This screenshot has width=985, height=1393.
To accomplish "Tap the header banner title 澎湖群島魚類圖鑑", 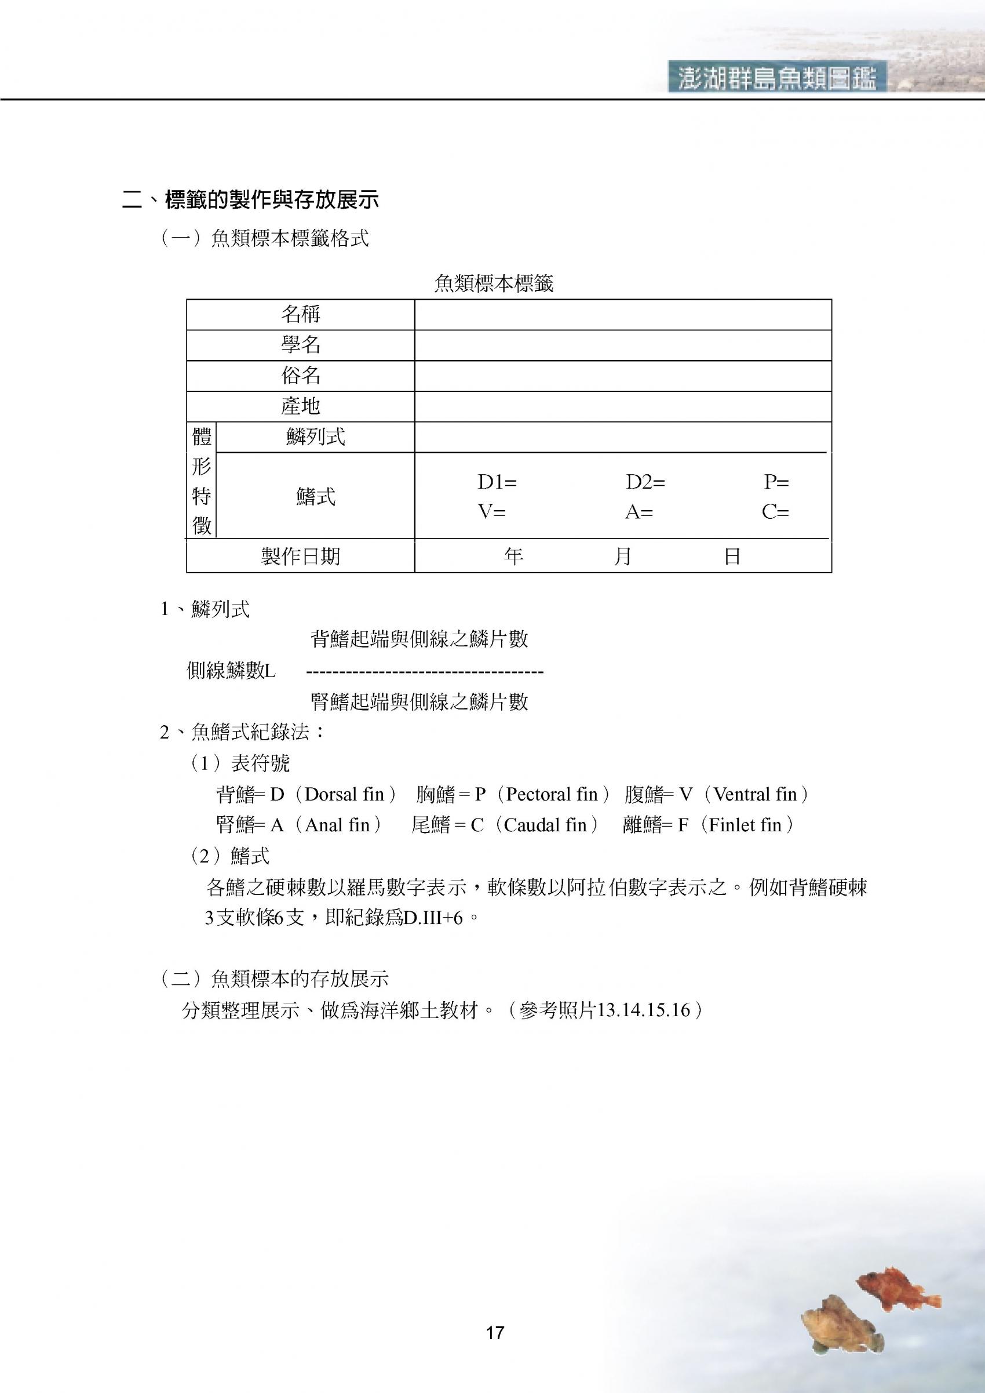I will (777, 78).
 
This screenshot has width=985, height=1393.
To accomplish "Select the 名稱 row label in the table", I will (300, 314).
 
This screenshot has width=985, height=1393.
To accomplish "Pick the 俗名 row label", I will (300, 376).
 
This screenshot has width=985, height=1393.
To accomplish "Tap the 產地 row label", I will (300, 406).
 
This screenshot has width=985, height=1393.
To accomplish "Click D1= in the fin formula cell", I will (497, 482).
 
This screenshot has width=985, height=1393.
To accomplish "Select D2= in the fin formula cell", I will (645, 482).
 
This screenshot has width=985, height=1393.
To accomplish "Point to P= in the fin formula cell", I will (776, 482).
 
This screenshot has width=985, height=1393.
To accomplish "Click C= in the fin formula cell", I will (775, 512).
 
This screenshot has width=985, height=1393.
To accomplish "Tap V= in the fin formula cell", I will (491, 512).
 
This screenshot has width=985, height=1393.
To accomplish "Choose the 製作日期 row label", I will (300, 556).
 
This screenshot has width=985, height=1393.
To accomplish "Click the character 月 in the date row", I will (623, 556).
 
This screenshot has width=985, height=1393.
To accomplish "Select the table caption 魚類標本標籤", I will (494, 283).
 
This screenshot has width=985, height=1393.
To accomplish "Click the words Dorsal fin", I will (344, 794).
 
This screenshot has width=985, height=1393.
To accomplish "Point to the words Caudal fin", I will (545, 825).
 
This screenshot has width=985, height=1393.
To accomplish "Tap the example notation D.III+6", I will (433, 918).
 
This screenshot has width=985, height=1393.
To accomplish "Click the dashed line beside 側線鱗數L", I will (425, 672).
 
